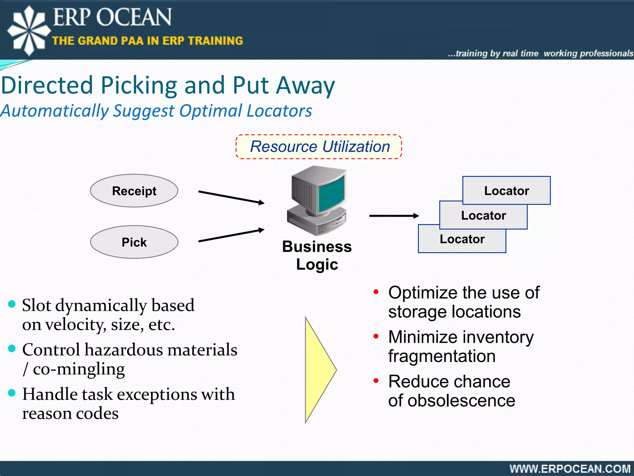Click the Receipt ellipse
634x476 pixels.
point(134,191)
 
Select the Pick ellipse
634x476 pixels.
point(134,242)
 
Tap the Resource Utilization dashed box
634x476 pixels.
point(319,147)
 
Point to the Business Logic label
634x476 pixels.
point(317,255)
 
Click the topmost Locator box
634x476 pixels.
point(506,190)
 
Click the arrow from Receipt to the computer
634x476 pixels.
point(231,197)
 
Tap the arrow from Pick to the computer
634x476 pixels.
point(231,235)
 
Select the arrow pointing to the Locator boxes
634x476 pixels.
point(394,216)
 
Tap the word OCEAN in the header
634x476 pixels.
point(133,17)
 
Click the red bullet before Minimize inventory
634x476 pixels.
point(376,336)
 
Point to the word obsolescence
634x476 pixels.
point(461,401)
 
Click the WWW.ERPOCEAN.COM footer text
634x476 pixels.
point(570,469)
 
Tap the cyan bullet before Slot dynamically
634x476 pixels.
point(12,304)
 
